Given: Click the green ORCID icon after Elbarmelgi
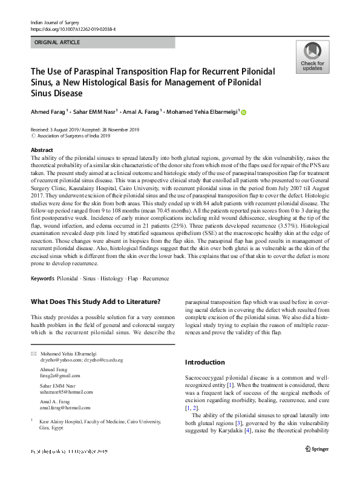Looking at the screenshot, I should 244,112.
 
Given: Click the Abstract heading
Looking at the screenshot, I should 41,150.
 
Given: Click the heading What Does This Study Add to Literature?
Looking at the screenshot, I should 95,302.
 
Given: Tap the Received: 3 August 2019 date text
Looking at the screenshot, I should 57,130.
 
